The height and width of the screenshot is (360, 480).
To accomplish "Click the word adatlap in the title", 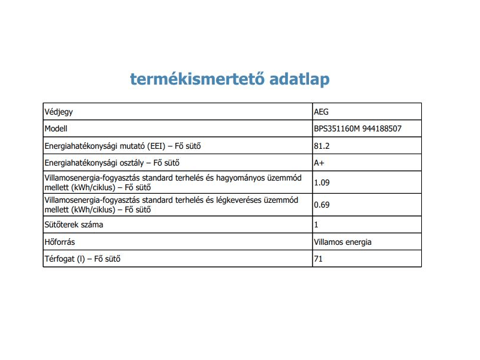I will click(299, 79).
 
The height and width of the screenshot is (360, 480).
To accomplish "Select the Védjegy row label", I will click(59, 112).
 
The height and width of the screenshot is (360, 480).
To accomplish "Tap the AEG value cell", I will click(322, 112).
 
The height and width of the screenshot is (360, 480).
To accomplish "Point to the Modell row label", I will click(56, 128).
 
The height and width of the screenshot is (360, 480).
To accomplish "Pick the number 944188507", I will click(381, 128).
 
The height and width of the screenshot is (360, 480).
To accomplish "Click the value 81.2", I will click(322, 146).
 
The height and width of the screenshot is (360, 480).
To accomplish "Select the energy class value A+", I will click(319, 163).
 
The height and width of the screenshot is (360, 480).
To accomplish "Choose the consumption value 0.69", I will click(322, 205).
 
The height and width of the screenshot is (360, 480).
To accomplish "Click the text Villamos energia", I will click(343, 242).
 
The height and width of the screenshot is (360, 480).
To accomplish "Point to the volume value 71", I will click(318, 259).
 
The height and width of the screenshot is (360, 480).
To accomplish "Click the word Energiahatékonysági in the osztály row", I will click(80, 163).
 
